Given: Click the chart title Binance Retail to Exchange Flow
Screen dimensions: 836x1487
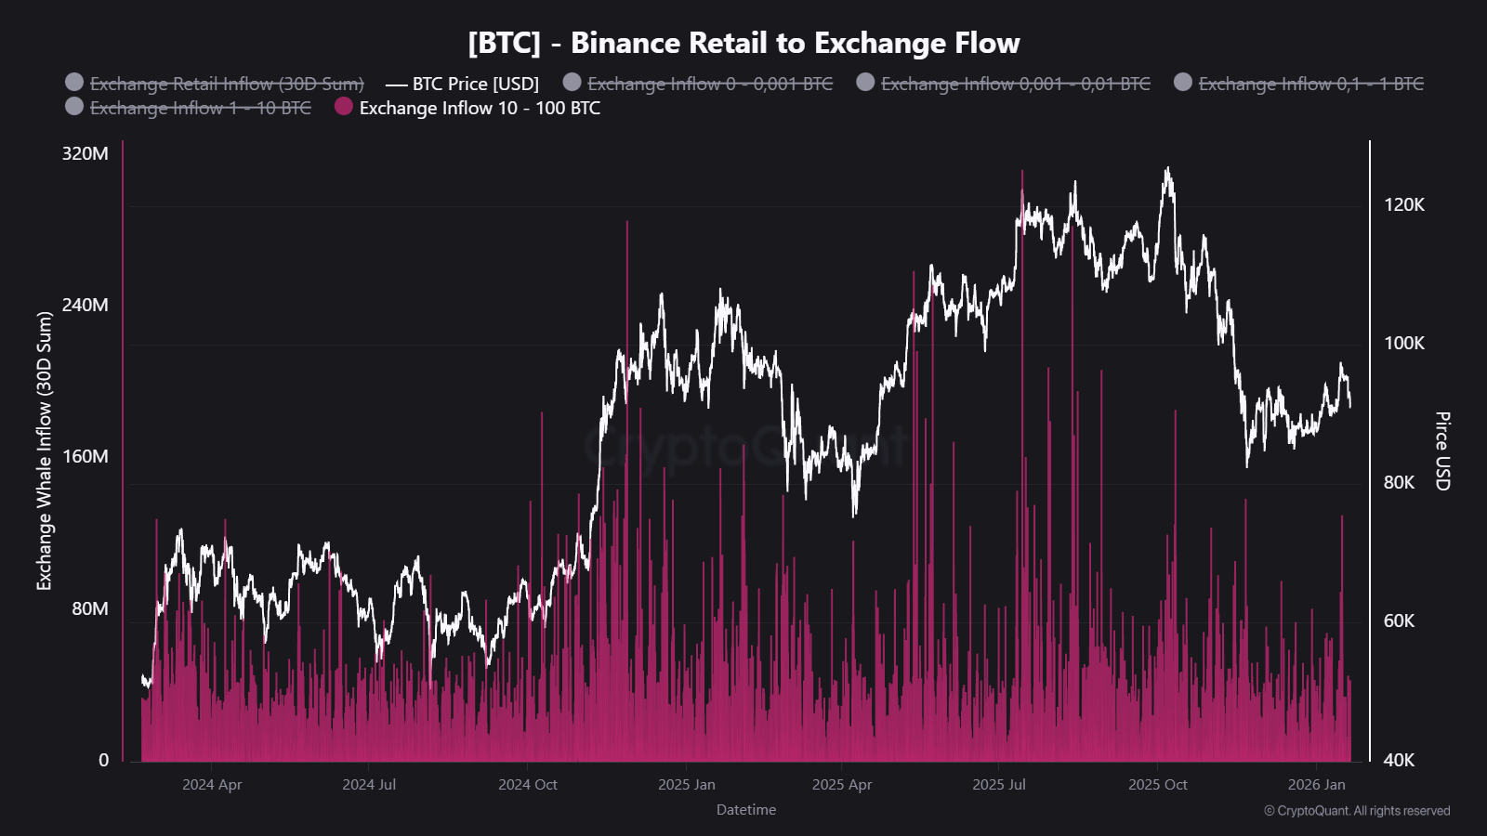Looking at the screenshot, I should [743, 43].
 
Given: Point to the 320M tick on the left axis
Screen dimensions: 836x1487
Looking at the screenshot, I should [85, 153].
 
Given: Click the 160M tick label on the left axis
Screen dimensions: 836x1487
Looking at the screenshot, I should [85, 456].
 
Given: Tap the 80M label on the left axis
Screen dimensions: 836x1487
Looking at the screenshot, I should [90, 608].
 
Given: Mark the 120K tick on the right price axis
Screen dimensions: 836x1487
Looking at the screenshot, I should [1403, 204].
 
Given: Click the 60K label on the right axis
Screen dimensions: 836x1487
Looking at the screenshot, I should [1399, 620].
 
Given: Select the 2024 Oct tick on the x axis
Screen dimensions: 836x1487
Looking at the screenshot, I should [527, 785].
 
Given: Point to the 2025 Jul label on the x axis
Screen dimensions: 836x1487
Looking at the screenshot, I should [998, 785].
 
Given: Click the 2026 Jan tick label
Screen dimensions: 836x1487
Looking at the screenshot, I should [1316, 785].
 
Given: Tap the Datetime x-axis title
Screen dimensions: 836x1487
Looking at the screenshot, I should [745, 810].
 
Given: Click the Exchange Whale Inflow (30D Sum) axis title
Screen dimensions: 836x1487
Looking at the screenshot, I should [45, 451].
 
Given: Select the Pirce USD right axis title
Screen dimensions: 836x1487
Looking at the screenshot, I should [1441, 451].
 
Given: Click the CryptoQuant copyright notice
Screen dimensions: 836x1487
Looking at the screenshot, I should [1356, 811].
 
